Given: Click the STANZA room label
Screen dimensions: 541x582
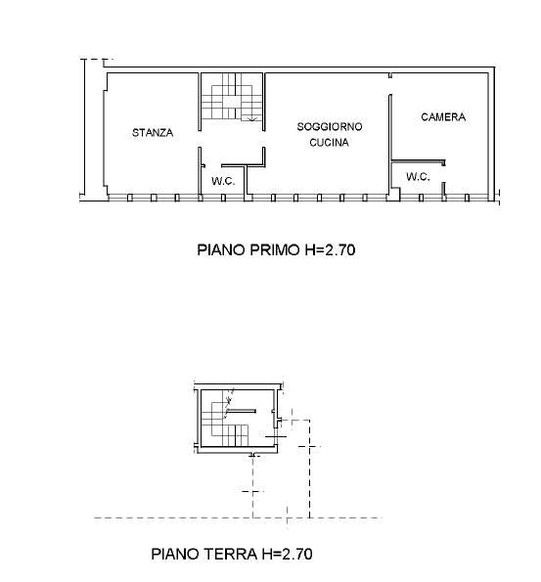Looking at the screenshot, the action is [153, 132].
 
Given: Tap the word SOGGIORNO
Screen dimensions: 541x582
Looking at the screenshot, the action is [330, 126].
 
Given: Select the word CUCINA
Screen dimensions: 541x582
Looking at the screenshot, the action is [329, 142].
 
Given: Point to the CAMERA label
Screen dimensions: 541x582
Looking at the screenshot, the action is [443, 117].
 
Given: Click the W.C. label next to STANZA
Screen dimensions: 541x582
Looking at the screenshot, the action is [223, 181].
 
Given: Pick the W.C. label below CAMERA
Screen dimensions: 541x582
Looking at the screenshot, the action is [418, 176].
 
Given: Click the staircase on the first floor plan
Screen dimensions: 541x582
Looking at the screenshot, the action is [232, 97].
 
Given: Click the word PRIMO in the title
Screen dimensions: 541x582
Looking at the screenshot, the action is [274, 249].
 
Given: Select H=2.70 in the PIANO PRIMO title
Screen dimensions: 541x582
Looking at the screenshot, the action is [330, 249].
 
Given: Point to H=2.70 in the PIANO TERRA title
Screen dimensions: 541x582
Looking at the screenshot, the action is [287, 554].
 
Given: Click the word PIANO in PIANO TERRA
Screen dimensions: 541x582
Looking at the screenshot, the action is [175, 554].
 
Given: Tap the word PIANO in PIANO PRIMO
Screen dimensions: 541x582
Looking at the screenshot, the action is [221, 249].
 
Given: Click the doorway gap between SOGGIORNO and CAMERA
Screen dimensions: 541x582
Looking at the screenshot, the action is [390, 86].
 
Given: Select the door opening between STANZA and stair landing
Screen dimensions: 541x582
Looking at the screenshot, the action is [200, 139].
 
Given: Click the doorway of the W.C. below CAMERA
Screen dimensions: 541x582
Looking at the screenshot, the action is [444, 174].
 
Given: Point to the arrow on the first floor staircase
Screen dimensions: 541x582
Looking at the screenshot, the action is [252, 118].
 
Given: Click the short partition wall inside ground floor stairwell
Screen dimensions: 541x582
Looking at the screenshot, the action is [242, 411].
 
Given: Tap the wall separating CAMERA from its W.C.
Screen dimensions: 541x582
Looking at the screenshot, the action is [418, 161].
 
